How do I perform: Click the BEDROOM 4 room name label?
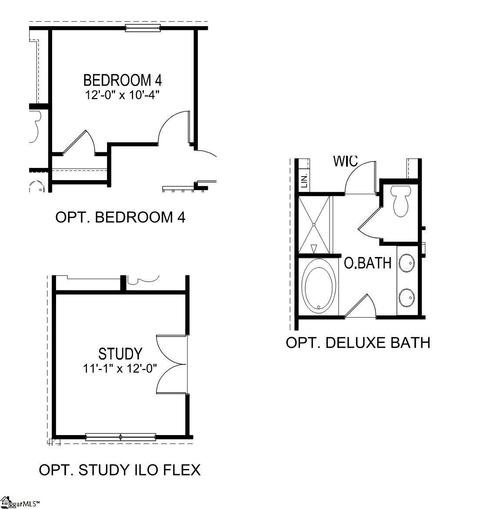pos(122,80)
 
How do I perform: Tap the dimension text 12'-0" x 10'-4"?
pos(122,95)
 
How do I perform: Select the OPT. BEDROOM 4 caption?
pos(120,217)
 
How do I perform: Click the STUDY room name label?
pos(120,354)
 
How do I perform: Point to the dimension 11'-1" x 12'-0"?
pos(120,368)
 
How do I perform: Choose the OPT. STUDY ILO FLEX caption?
pos(120,470)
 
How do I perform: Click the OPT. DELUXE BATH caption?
pos(358,343)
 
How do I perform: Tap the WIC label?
pos(345,161)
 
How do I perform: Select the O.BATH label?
pos(367,263)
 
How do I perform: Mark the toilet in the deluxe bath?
pos(400,201)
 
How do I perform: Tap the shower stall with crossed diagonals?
pos(314,224)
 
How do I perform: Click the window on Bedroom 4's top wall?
pos(143,29)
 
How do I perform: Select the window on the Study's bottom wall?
pos(120,437)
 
